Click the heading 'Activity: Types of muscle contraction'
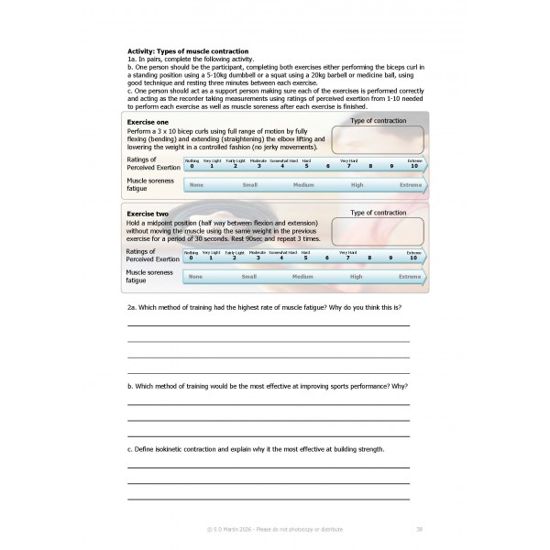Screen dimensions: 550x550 click(x=188, y=50)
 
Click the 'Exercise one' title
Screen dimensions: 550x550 click(x=148, y=122)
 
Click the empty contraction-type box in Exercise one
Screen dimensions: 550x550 click(x=378, y=140)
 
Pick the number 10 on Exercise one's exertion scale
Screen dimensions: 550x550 click(x=414, y=166)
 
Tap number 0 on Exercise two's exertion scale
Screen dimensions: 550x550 click(x=192, y=258)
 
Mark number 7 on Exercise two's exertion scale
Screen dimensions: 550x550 click(x=348, y=258)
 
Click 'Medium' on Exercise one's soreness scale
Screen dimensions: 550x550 click(x=302, y=184)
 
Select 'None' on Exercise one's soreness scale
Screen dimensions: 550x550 click(x=195, y=184)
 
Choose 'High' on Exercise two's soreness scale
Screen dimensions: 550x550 click(x=357, y=276)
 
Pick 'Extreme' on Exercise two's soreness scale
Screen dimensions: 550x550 click(x=410, y=276)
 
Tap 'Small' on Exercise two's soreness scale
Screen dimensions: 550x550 click(x=248, y=276)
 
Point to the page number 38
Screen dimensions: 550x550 click(x=418, y=529)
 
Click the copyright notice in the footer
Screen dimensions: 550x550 click(x=274, y=529)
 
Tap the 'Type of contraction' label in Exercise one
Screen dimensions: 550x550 click(x=379, y=121)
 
